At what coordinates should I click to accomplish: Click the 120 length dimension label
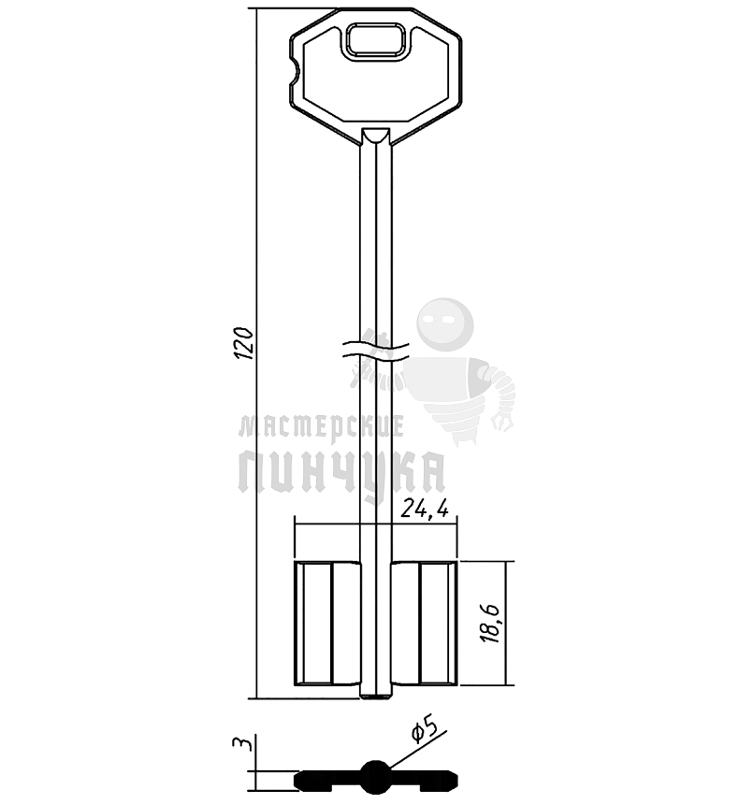(244, 342)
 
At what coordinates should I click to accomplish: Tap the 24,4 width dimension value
(425, 509)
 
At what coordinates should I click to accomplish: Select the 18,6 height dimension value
(489, 624)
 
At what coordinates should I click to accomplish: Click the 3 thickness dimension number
(242, 744)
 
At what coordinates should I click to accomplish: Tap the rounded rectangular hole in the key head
(376, 39)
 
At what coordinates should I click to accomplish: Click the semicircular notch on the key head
(296, 72)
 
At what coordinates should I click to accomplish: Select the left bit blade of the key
(327, 623)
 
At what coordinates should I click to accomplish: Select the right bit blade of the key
(424, 623)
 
